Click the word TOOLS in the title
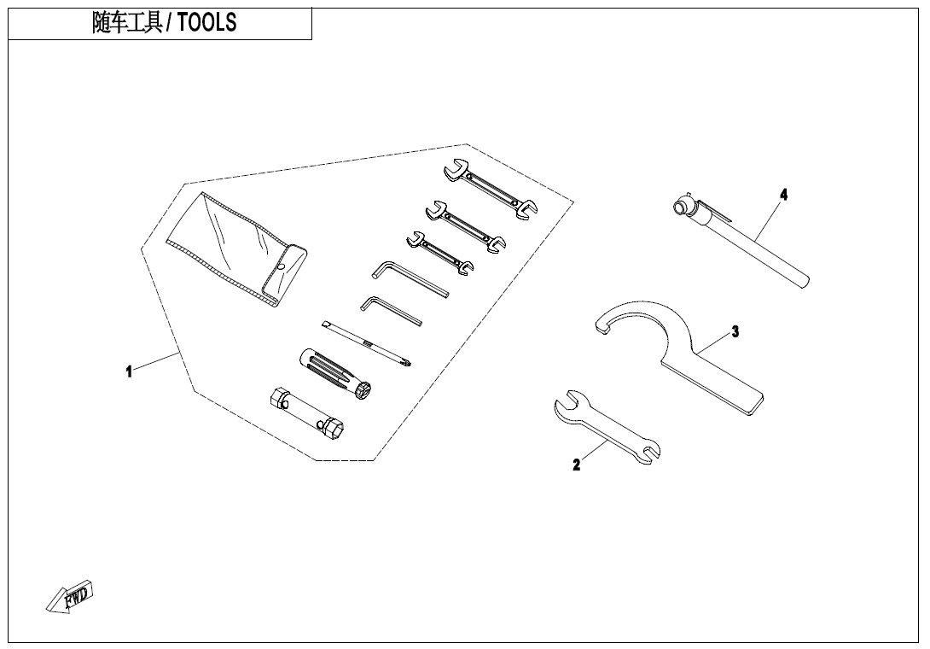206,23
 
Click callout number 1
129,371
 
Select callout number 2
577,465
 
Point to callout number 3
735,332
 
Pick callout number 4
783,195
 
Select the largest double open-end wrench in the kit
490,190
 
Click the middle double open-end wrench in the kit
464,224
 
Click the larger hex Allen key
410,279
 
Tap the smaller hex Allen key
391,310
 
